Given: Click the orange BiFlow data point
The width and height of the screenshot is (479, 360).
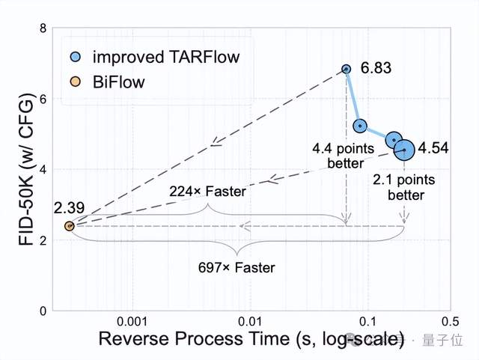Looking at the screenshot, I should pyautogui.click(x=69, y=225).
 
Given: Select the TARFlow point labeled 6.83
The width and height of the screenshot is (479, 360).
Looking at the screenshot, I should pyautogui.click(x=346, y=69).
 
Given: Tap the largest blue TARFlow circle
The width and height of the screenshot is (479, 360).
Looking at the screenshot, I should pyautogui.click(x=404, y=150).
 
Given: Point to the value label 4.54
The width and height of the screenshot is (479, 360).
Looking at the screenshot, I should pyautogui.click(x=433, y=148).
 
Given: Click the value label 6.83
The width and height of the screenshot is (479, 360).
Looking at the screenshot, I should pyautogui.click(x=376, y=69).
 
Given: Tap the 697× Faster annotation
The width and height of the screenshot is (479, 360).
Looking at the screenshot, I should pyautogui.click(x=237, y=267).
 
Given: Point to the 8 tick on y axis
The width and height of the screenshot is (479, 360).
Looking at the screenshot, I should pyautogui.click(x=43, y=28).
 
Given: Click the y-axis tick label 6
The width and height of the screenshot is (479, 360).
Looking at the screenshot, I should pyautogui.click(x=43, y=99).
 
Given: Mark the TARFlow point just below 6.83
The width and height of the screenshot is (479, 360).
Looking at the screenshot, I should pyautogui.click(x=360, y=126).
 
